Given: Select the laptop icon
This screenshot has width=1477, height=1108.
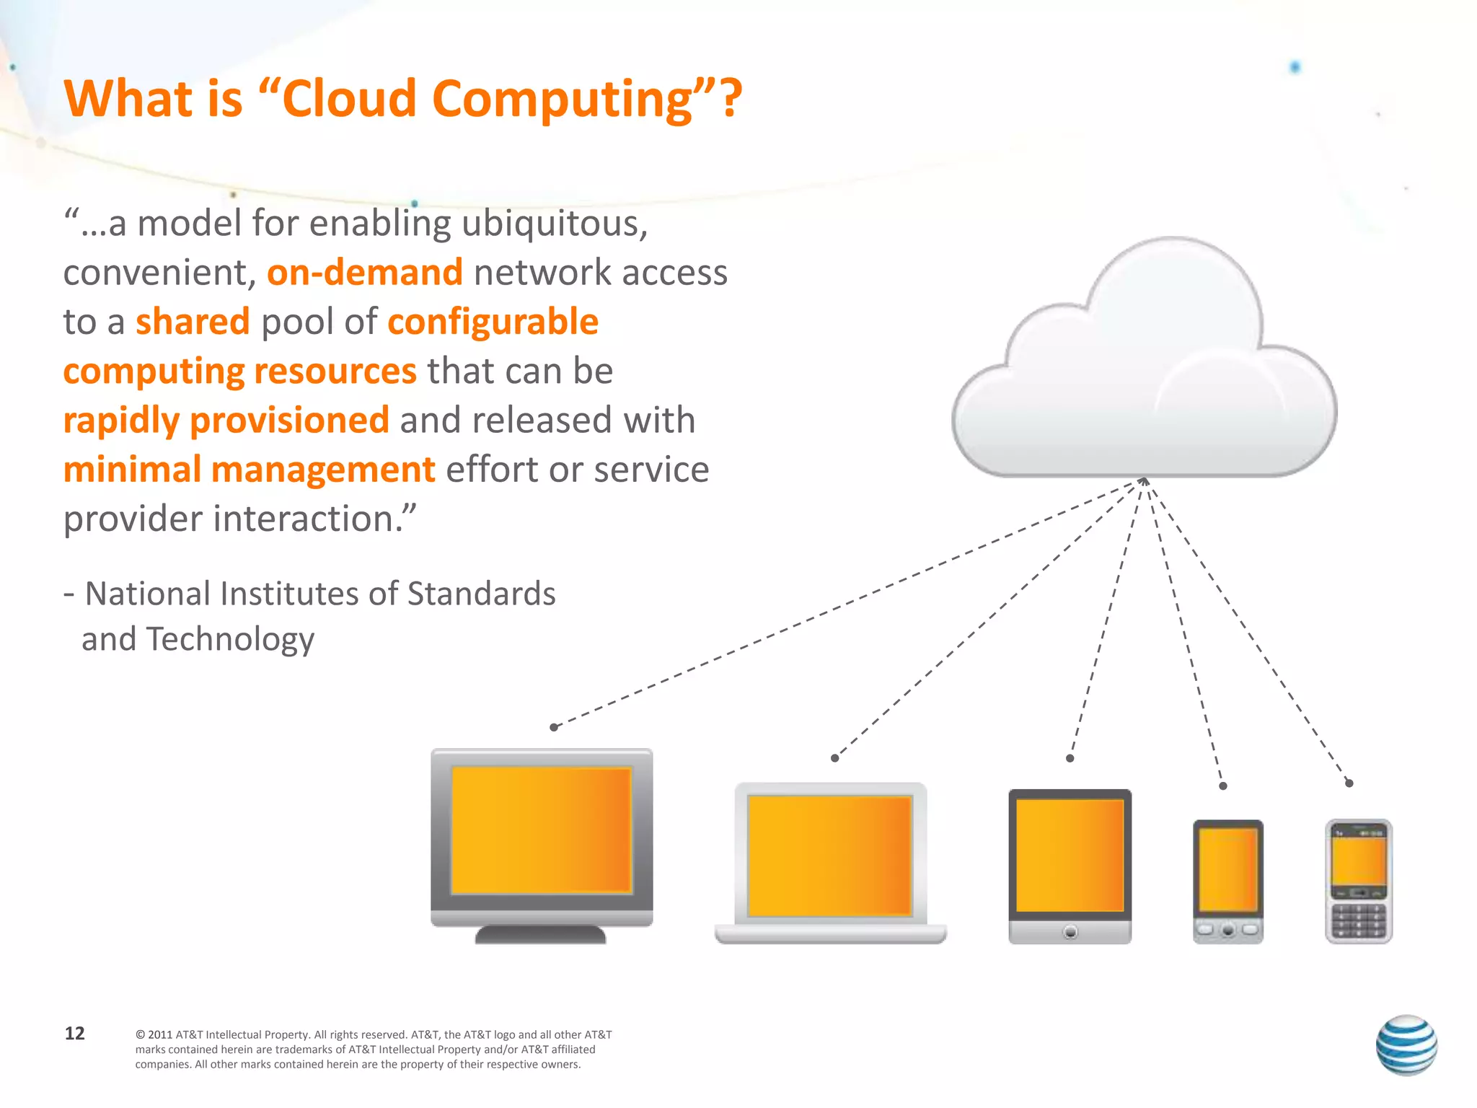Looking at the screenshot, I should tap(830, 862).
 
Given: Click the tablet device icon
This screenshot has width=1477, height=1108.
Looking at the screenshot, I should tap(1070, 866).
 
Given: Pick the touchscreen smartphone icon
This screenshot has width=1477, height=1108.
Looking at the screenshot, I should tap(1227, 881).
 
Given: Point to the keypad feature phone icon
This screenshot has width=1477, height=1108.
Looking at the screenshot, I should tap(1359, 881).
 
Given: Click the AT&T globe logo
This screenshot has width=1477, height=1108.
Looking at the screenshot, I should tap(1406, 1045).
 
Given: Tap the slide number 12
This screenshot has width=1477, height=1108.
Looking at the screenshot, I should tap(75, 1033).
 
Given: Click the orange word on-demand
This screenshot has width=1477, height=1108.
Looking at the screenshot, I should tap(365, 273).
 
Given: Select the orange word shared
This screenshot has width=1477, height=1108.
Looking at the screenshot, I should tap(193, 322).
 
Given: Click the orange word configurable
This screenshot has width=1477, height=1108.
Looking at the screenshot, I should tap(493, 322).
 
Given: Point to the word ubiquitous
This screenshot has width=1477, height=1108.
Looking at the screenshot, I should tap(554, 224).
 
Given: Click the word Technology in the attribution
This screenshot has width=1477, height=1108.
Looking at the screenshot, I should tap(230, 639).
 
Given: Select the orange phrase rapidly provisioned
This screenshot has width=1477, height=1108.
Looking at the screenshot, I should tap(226, 420).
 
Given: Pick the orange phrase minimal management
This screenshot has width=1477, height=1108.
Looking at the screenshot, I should tap(250, 470).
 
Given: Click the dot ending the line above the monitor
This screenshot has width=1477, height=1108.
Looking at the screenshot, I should tap(554, 727).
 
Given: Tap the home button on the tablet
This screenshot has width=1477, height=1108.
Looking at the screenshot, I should tap(1070, 932).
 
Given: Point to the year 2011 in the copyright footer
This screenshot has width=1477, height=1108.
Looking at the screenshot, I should tap(160, 1034).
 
